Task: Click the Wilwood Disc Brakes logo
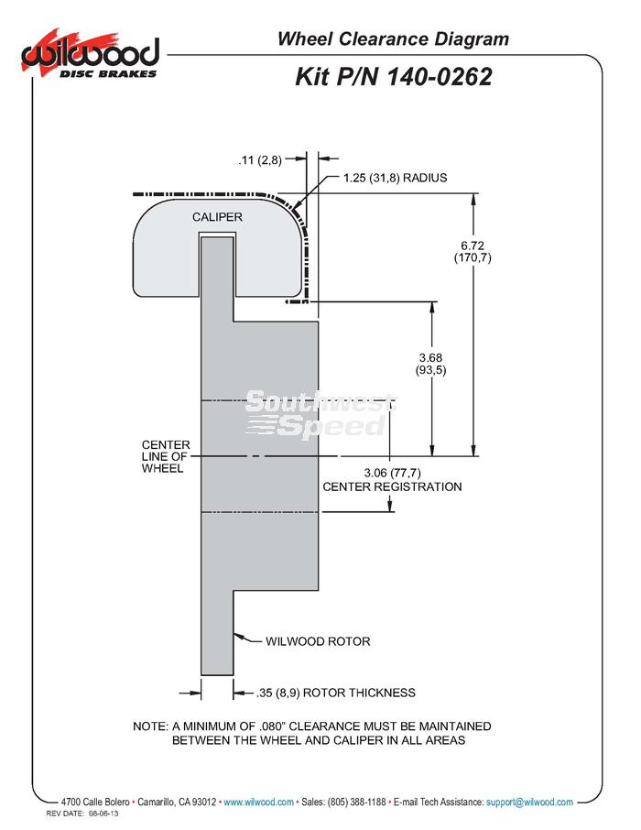[90, 54]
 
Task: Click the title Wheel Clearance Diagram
[393, 38]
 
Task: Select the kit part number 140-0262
[440, 77]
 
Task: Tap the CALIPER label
[217, 217]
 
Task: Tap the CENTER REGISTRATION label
[392, 487]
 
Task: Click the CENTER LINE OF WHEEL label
[166, 456]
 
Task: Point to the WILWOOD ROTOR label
[318, 641]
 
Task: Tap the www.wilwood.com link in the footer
[258, 802]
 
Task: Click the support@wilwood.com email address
[529, 802]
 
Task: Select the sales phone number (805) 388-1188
[357, 802]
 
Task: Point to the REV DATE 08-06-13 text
[82, 814]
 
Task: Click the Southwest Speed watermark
[320, 414]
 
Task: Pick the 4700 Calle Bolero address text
[95, 802]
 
